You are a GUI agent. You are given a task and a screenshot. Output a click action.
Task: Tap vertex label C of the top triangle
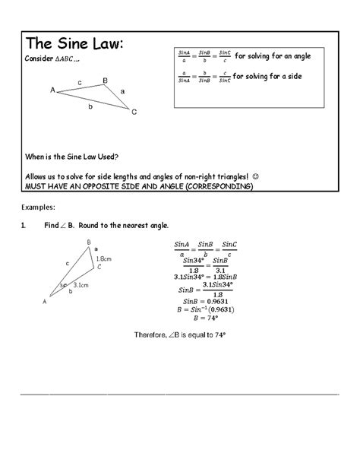click(x=134, y=113)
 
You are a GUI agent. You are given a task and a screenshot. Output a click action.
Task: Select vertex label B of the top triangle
click(x=105, y=80)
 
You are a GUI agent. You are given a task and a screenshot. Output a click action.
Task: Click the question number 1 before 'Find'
click(x=24, y=226)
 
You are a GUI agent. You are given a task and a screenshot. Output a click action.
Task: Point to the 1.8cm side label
click(x=104, y=259)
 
